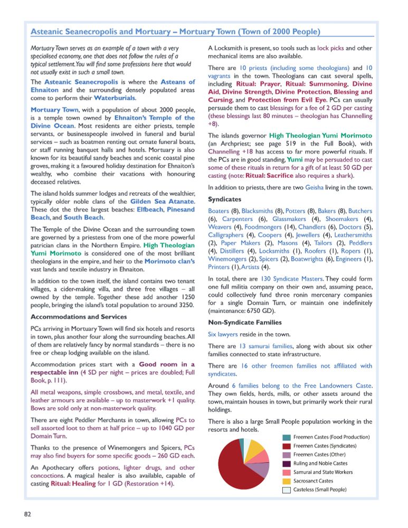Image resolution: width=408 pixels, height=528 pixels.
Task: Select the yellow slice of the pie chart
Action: pos(257,450)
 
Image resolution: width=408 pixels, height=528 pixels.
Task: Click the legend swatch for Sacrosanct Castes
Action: pos(286,481)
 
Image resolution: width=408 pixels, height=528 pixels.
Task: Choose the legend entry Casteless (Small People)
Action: pos(320,489)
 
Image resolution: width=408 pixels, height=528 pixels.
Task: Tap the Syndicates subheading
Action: pos(225,200)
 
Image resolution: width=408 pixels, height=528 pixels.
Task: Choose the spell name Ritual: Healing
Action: pos(72,484)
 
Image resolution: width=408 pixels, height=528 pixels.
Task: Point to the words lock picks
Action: pos(330,48)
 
